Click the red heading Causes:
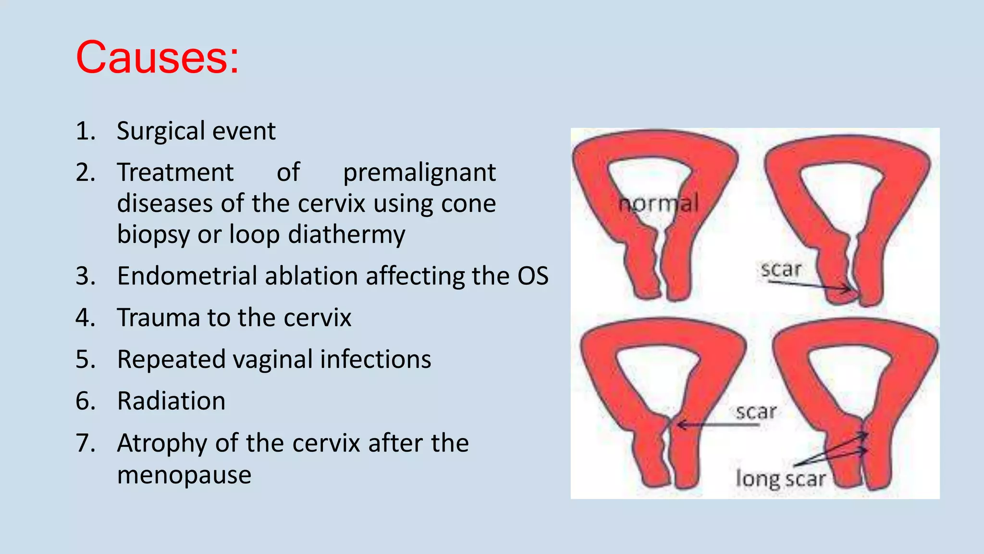click(x=157, y=58)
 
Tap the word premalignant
click(x=419, y=173)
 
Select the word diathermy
click(x=346, y=235)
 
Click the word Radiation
click(x=171, y=401)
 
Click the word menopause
click(x=184, y=475)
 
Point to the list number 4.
click(x=85, y=318)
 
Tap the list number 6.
click(x=85, y=401)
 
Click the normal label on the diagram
click(x=658, y=204)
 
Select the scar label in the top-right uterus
click(x=781, y=269)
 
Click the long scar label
click(x=780, y=479)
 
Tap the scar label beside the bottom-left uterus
click(x=756, y=412)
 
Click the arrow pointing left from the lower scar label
click(x=716, y=425)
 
